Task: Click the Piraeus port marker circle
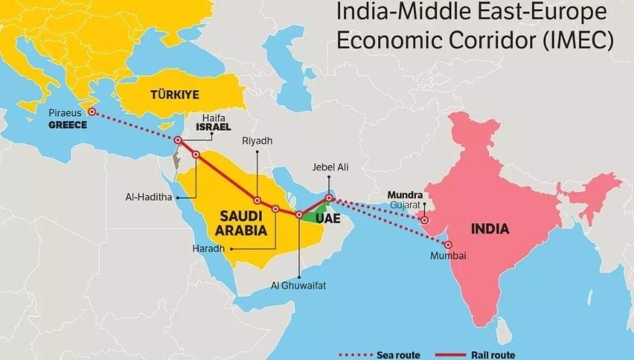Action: pyautogui.click(x=92, y=112)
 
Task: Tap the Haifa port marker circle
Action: pyautogui.click(x=178, y=140)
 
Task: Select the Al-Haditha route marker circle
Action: pyautogui.click(x=195, y=155)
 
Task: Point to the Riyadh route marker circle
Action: pyautogui.click(x=257, y=201)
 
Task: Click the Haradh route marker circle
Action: pyautogui.click(x=276, y=209)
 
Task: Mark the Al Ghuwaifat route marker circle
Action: pyautogui.click(x=299, y=214)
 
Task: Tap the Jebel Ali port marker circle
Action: pyautogui.click(x=330, y=198)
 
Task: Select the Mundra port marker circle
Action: pyautogui.click(x=426, y=221)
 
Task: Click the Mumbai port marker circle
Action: pyautogui.click(x=448, y=244)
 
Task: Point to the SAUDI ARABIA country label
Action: pyautogui.click(x=241, y=223)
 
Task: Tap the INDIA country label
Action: pyautogui.click(x=490, y=229)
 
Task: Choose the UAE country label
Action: pyautogui.click(x=328, y=219)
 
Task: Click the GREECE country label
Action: pyautogui.click(x=67, y=124)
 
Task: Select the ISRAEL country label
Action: pyautogui.click(x=215, y=127)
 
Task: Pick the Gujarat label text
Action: pyautogui.click(x=405, y=205)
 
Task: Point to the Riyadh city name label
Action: pyautogui.click(x=257, y=140)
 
